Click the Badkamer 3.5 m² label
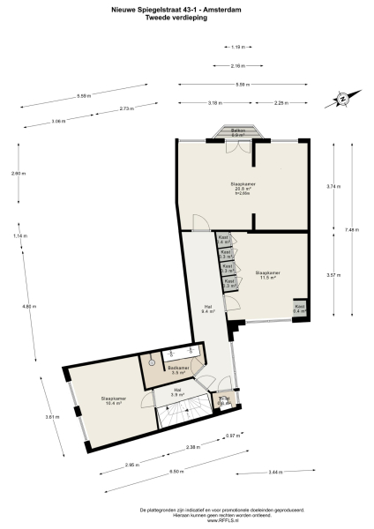click(179, 371)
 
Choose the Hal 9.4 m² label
click(208, 309)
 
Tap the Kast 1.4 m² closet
click(224, 240)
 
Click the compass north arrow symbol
click(340, 100)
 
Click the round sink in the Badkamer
click(152, 361)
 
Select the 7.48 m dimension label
click(352, 229)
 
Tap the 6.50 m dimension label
click(176, 473)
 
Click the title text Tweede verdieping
click(186, 18)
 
